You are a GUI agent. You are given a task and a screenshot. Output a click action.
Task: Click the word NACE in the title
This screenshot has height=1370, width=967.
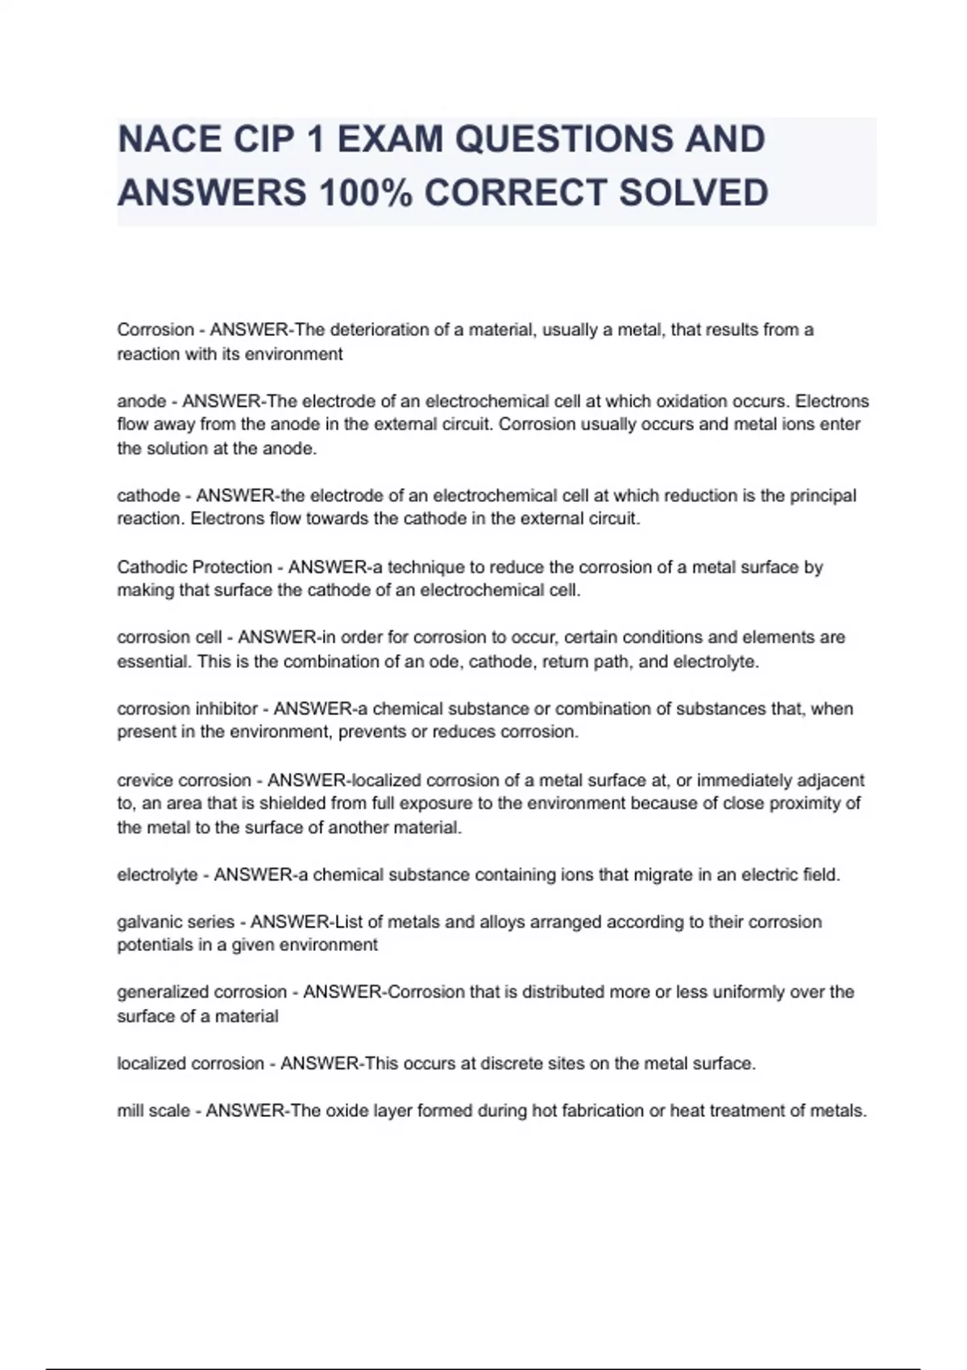tap(169, 139)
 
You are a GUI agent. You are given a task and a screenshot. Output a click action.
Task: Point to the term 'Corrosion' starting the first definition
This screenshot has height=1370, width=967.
tap(156, 330)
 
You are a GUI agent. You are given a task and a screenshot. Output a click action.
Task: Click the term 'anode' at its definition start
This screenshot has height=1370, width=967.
tap(142, 401)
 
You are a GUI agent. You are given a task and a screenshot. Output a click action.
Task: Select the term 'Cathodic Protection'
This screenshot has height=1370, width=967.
tap(194, 567)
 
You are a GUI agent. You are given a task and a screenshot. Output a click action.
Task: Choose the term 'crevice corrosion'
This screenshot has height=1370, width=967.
tap(184, 780)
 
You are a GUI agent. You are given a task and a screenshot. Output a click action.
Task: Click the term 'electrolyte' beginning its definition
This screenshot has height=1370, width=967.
tap(157, 875)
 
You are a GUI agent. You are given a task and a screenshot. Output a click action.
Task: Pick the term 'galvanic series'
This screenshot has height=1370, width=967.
tap(176, 922)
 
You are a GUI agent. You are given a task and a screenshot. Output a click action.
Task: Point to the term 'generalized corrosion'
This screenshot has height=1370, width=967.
tap(201, 992)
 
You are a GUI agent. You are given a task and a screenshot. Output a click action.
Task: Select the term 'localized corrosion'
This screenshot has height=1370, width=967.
tap(190, 1064)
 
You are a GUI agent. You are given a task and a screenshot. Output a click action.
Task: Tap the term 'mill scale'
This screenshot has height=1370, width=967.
tap(153, 1111)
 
